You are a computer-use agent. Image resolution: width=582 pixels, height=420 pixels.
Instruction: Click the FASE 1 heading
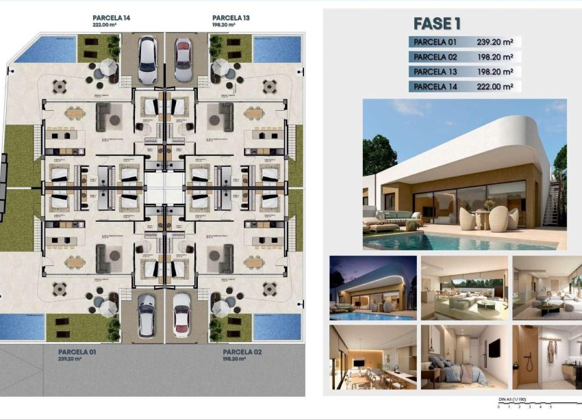436,24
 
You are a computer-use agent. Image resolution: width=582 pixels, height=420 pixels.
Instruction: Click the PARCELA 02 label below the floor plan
242,352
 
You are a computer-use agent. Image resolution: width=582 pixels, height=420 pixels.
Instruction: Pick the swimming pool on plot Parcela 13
277,49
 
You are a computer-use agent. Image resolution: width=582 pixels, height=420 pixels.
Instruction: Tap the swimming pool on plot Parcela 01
23,327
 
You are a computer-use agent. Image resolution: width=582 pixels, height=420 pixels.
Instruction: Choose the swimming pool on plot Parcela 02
277,326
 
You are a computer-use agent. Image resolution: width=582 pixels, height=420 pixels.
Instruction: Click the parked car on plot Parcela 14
147,60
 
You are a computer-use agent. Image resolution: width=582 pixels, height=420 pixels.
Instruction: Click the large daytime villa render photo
464,174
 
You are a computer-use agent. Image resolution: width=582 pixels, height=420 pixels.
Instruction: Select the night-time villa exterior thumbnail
372,288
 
